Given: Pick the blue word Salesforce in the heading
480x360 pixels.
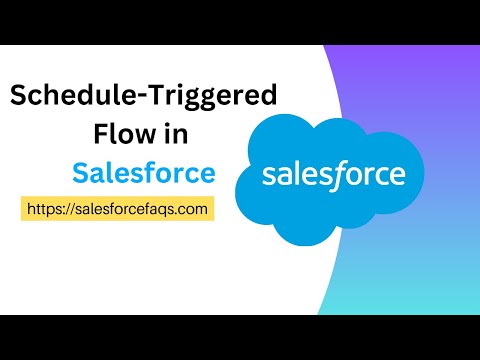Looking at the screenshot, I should pyautogui.click(x=143, y=172).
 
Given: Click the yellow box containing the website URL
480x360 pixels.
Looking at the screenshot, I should pyautogui.click(x=117, y=208).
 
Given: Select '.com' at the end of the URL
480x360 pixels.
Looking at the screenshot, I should pyautogui.click(x=190, y=208).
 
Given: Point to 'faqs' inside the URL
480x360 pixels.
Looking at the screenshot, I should pyautogui.click(x=158, y=208).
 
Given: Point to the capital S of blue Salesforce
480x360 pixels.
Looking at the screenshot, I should pyautogui.click(x=80, y=172).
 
